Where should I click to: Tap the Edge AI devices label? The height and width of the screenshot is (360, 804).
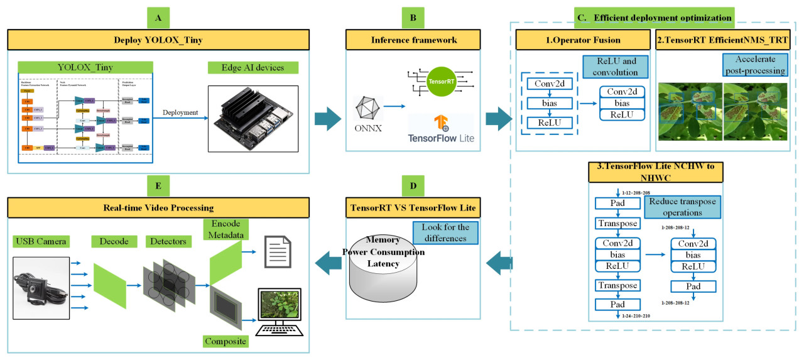click(x=253, y=68)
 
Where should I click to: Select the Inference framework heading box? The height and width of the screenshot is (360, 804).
click(x=413, y=41)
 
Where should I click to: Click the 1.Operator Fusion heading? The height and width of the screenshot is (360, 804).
click(x=582, y=41)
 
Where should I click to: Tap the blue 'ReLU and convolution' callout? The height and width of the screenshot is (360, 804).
click(x=614, y=67)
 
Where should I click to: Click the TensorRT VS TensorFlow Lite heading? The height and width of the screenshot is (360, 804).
click(x=413, y=207)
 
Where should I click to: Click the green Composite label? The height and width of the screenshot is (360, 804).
click(x=224, y=341)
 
